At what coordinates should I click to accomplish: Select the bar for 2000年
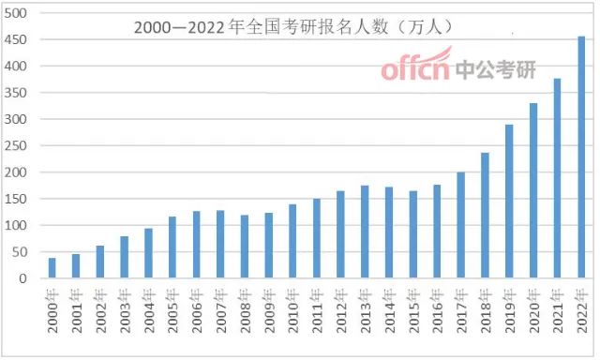[52, 268]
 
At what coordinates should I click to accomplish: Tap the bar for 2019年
[510, 202]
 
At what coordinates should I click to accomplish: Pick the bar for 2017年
[461, 225]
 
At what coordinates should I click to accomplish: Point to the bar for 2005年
[172, 247]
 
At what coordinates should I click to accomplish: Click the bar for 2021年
[558, 178]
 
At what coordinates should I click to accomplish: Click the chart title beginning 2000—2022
[281, 28]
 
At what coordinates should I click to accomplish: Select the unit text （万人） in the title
[424, 28]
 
